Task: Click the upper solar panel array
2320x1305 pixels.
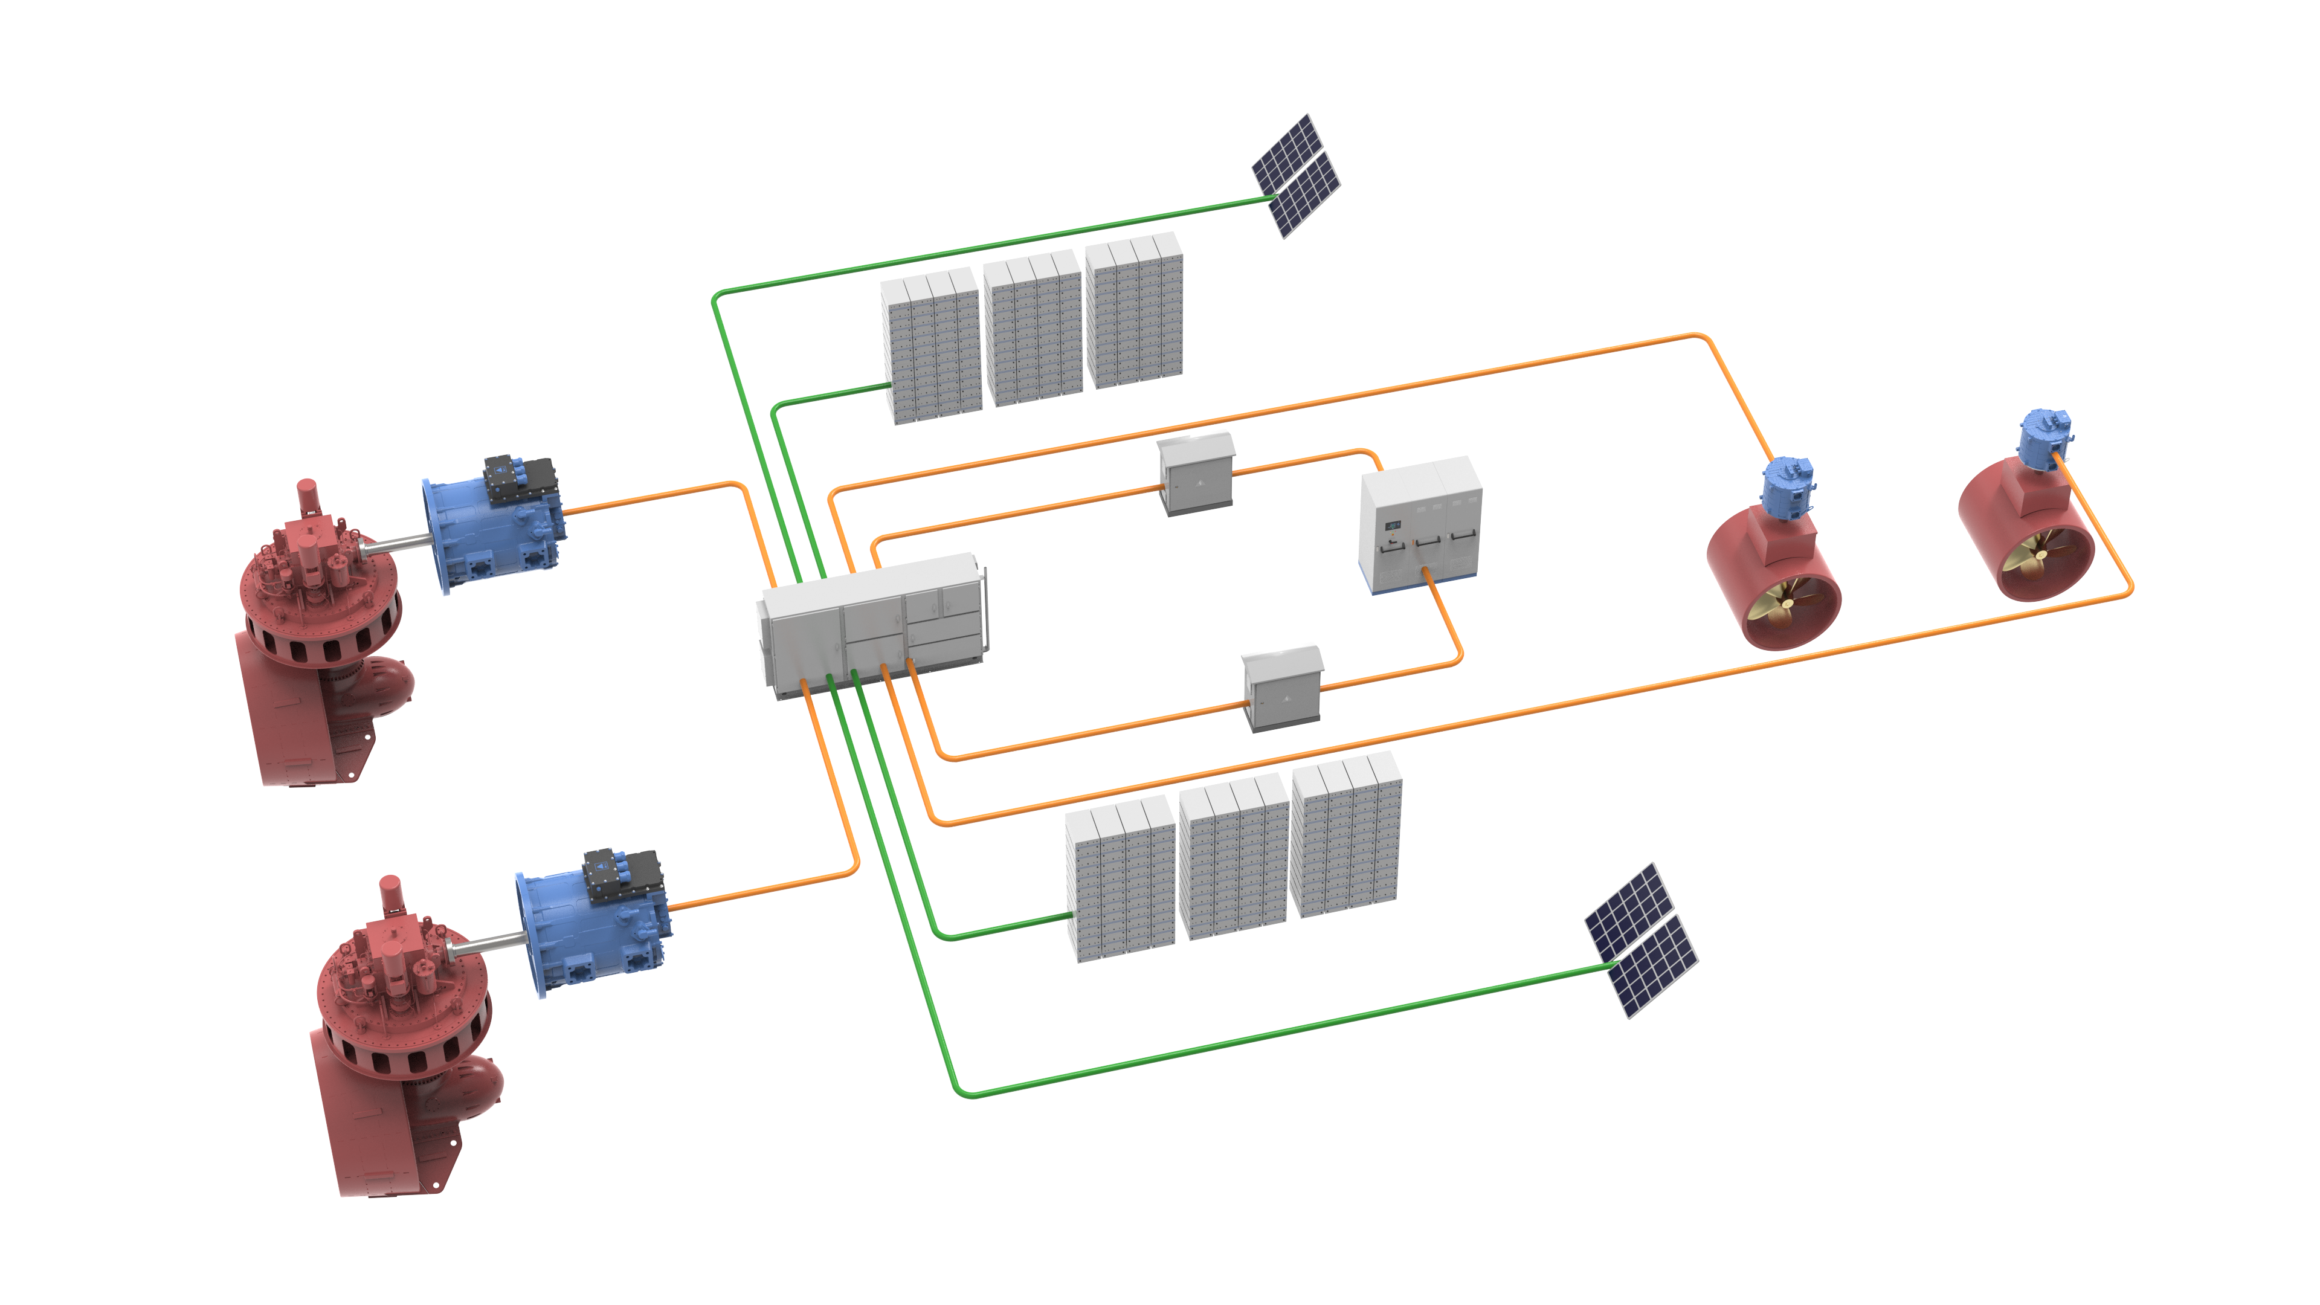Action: coord(1295,176)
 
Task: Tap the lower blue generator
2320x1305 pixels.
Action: coord(590,927)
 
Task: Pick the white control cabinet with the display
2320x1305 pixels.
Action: coord(1419,527)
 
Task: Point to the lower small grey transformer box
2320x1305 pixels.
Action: coord(1281,689)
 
